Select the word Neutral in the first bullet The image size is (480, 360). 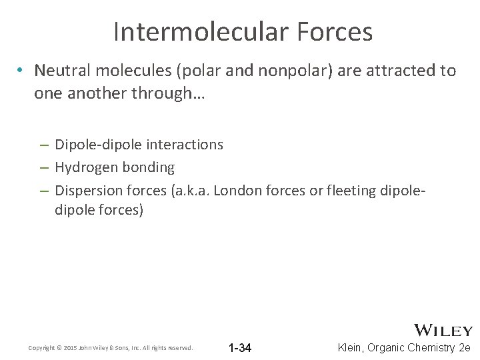(x=59, y=71)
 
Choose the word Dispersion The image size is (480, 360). (x=87, y=191)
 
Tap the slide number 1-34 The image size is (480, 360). (x=239, y=348)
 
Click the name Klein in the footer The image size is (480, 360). (x=352, y=347)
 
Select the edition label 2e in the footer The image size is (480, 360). (x=465, y=347)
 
